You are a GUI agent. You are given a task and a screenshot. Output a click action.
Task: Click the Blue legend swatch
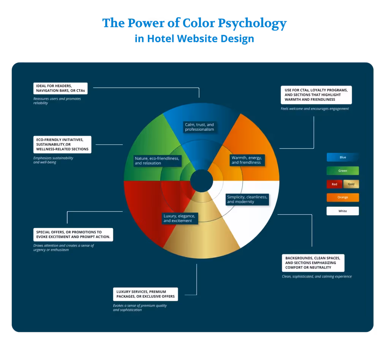343,157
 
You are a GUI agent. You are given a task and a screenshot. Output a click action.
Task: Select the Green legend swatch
343,171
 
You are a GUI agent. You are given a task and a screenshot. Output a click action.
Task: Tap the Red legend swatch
334,184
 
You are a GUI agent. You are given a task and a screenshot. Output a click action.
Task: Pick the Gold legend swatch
351,184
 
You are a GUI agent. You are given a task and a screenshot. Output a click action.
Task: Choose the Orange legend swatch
343,197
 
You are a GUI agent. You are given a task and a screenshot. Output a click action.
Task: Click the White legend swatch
343,211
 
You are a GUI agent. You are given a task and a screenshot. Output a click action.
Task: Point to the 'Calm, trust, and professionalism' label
199,127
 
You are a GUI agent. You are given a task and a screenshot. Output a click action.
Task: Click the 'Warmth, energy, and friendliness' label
247,160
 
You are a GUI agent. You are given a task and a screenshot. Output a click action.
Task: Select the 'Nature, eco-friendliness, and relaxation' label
157,160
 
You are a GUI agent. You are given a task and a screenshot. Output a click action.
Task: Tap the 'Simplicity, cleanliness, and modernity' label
247,199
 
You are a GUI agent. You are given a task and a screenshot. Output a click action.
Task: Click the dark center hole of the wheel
201,181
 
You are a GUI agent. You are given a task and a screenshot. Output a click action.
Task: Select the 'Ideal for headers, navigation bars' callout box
60,89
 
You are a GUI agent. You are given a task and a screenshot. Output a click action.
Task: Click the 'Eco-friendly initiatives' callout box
62,144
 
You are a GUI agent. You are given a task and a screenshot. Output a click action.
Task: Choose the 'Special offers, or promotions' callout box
73,235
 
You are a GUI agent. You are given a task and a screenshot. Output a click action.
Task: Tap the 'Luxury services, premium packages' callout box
145,294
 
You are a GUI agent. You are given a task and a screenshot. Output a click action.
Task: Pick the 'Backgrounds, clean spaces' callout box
313,262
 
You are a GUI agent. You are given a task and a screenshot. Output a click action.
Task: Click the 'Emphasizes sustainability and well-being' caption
53,160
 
